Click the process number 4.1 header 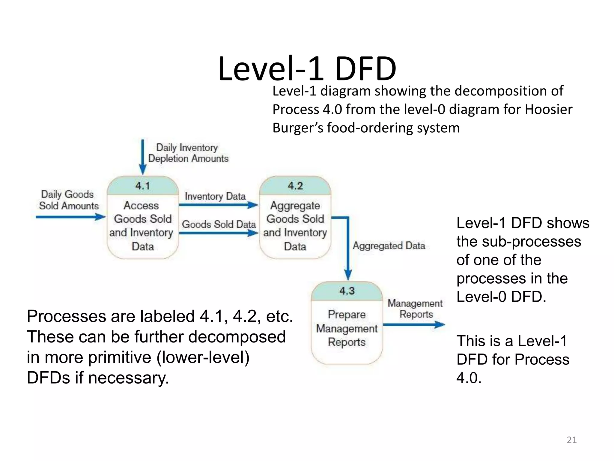143,186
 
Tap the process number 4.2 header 295,186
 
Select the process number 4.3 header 347,291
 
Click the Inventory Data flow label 215,196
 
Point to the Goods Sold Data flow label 219,224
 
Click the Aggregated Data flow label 389,246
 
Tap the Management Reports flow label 415,309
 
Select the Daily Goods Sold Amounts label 68,200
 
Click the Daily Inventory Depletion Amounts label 188,153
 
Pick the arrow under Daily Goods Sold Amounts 70,217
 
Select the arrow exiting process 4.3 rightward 414,324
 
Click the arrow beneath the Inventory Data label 218,205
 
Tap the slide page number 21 571,440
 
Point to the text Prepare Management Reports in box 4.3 347,328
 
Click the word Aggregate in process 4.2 295,206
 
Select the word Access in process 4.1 141,206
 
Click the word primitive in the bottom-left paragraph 123,357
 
